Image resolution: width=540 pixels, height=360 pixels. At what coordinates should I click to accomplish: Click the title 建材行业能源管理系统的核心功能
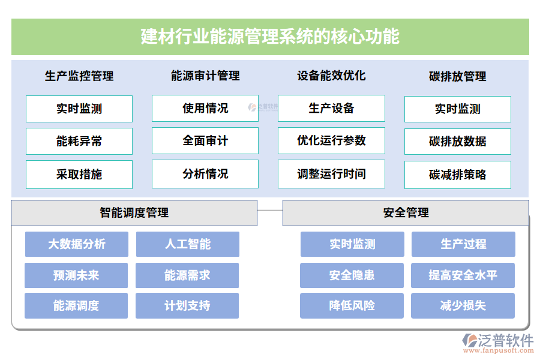point(270,37)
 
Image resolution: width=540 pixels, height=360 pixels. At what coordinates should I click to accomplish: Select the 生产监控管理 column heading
point(79,76)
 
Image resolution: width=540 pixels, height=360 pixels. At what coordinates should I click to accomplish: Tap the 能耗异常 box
point(79,142)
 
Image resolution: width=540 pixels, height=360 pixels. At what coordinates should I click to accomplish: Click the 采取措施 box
point(79,175)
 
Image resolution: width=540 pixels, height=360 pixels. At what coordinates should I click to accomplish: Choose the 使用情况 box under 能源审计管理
point(205,109)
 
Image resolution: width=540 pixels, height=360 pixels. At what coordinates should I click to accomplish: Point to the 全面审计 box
point(205,141)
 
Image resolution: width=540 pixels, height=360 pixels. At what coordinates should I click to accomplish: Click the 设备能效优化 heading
point(331,76)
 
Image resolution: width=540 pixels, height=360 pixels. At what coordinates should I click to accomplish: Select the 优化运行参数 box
point(331,141)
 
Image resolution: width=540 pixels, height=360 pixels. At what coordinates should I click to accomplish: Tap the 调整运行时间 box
point(331,174)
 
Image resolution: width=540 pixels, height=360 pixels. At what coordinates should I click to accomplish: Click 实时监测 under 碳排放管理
point(457,109)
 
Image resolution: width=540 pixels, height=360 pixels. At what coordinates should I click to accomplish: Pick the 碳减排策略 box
point(457,175)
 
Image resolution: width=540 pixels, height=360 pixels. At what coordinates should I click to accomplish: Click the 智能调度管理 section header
point(134,213)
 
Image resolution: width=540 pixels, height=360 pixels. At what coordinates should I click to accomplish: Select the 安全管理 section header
point(406,213)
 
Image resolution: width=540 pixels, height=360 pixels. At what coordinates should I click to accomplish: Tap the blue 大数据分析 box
point(77,244)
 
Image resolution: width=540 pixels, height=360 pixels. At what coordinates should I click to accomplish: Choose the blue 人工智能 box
point(188,244)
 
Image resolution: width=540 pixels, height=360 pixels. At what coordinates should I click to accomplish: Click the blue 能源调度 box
point(76,306)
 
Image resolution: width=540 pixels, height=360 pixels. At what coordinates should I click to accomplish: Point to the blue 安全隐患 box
point(352,275)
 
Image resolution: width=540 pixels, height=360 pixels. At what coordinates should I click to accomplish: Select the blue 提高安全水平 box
point(463,275)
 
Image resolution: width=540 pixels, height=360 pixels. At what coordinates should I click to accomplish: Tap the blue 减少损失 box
point(463,306)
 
